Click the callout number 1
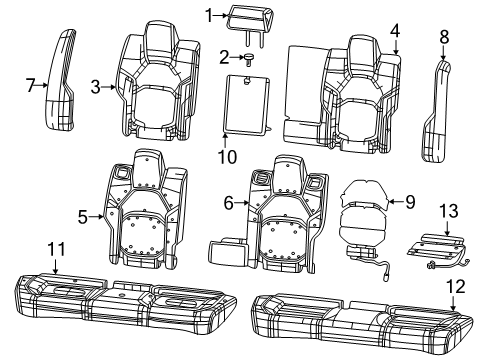[208, 14]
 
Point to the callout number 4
[395, 29]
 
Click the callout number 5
[84, 213]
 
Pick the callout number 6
[229, 203]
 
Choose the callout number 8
[444, 37]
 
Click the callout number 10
[226, 157]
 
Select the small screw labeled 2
[245, 58]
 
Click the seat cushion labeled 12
[360, 317]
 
